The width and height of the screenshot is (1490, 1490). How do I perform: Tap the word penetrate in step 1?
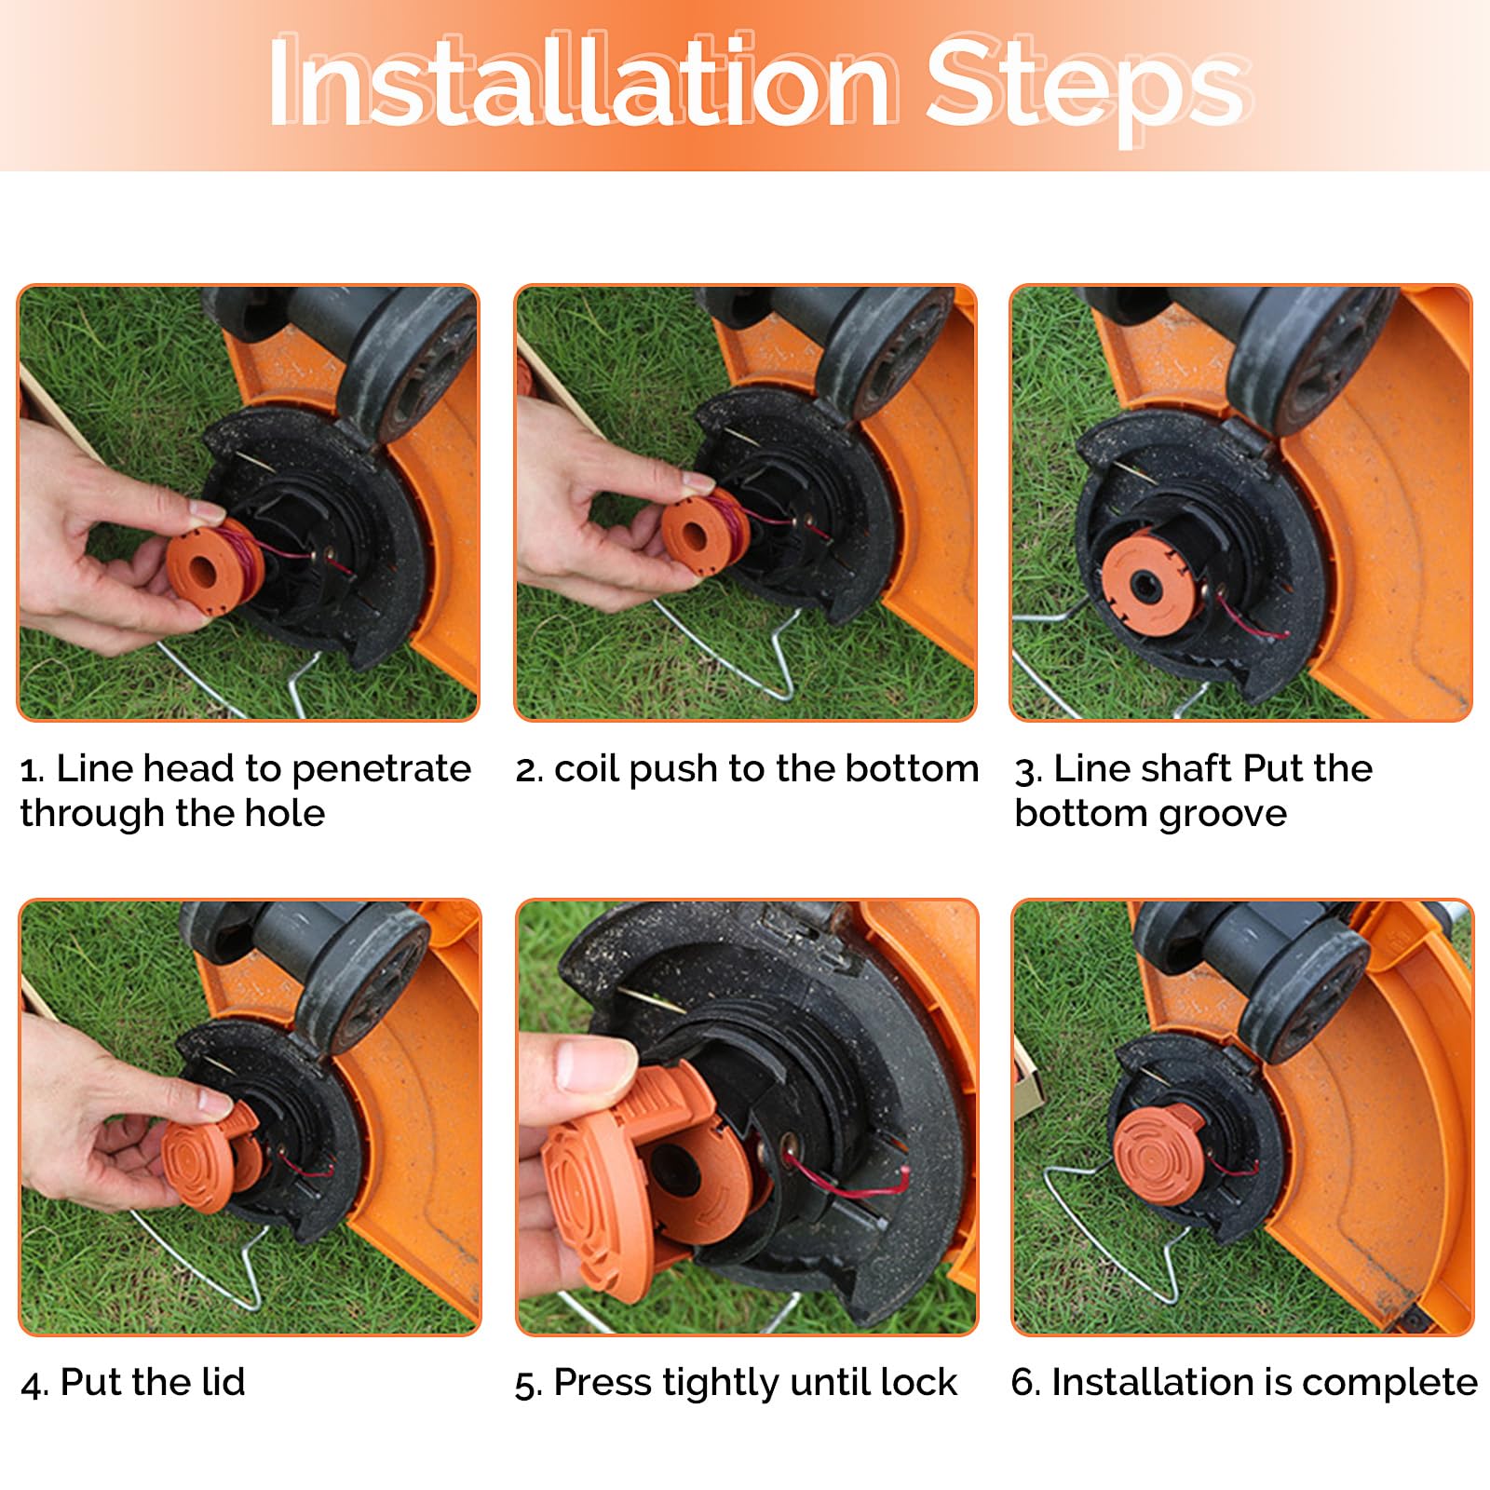pyautogui.click(x=381, y=770)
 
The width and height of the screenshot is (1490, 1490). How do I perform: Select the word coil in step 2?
pyautogui.click(x=579, y=769)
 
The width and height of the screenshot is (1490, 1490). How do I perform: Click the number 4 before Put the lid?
pyautogui.click(x=32, y=1384)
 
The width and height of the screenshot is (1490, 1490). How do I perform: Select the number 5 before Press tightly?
pyautogui.click(x=526, y=1385)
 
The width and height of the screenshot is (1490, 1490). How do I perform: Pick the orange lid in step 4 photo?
pyautogui.click(x=210, y=1155)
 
